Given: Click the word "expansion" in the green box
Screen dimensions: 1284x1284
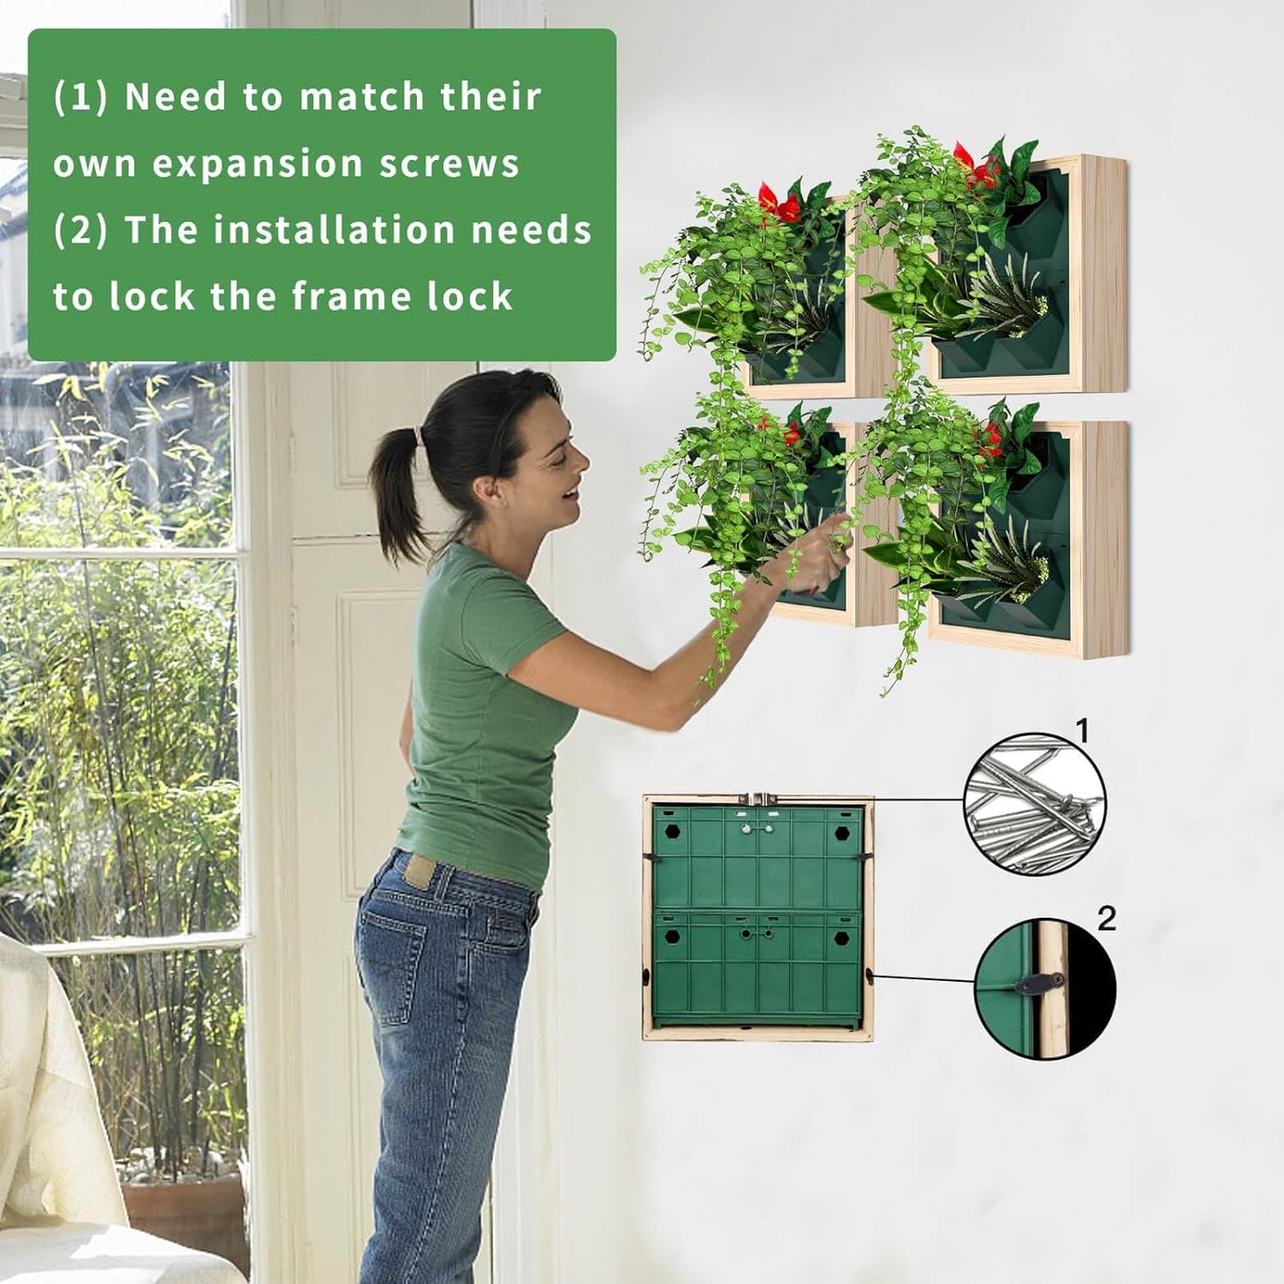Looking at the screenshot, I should click(x=257, y=164).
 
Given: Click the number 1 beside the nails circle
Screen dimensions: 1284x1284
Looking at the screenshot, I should click(x=1081, y=731).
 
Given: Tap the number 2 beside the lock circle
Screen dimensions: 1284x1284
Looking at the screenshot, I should click(x=1106, y=918).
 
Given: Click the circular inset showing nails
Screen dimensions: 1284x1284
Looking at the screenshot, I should click(x=1035, y=804).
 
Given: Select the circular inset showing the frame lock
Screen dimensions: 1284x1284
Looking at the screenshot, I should click(x=1045, y=988).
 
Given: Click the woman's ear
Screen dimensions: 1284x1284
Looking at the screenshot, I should click(x=486, y=487).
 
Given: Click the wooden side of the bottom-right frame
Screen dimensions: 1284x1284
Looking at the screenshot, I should click(x=1105, y=538).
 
